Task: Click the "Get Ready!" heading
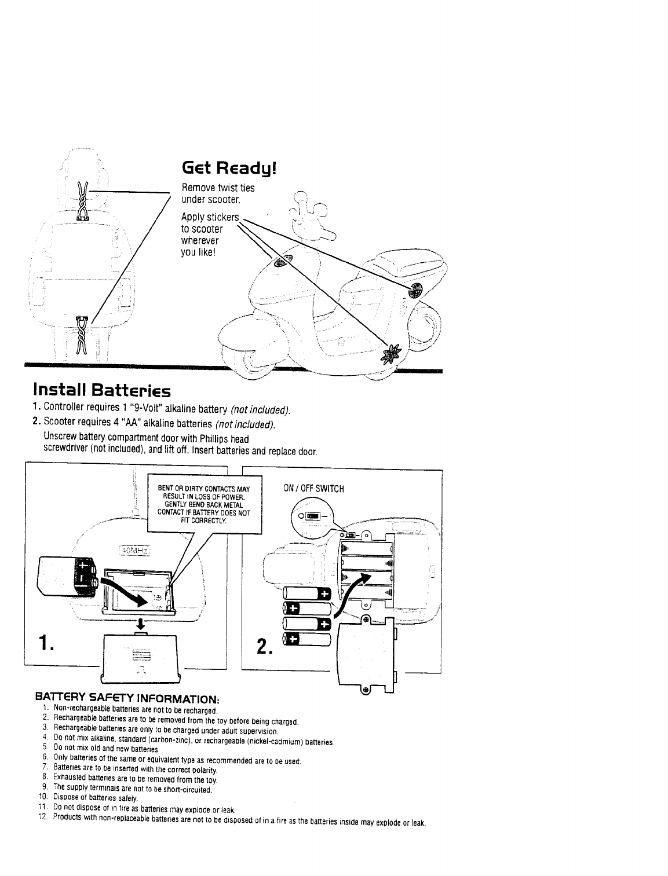(229, 168)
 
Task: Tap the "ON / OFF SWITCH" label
(313, 489)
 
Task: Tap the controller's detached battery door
(139, 657)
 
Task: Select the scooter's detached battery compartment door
(365, 657)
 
